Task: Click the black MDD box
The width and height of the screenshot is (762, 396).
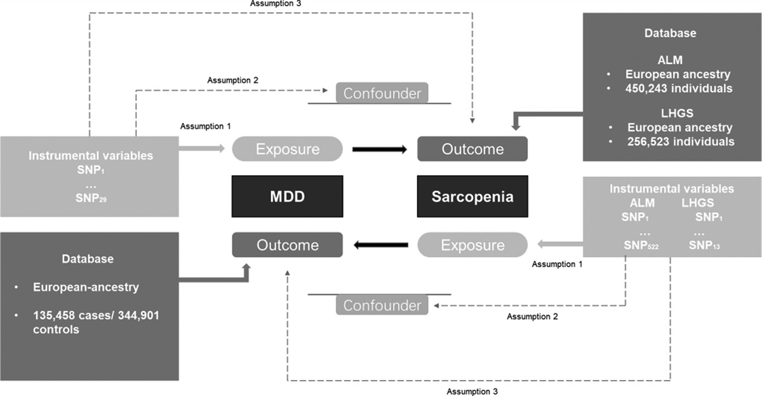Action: point(287,196)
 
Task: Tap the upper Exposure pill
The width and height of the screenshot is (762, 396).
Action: point(287,149)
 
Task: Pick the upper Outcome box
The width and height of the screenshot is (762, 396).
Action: point(472,149)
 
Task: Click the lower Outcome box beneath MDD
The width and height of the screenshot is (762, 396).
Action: point(287,244)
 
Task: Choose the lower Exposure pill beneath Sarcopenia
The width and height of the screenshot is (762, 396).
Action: point(472,244)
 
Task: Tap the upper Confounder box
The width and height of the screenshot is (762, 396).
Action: point(382,93)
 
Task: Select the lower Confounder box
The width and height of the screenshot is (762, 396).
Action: point(382,305)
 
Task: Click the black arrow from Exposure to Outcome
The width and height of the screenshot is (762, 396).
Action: point(379,149)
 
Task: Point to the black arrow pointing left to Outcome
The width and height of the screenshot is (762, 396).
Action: point(381,244)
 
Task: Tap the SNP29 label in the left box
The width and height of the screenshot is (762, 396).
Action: point(90,197)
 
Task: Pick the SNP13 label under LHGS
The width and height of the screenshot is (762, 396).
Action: point(705,246)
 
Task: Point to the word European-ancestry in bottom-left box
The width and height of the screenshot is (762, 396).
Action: point(86,287)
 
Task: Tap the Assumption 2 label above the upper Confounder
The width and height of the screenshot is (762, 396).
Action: point(233,80)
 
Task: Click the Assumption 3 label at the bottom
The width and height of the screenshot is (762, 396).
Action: point(472,391)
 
